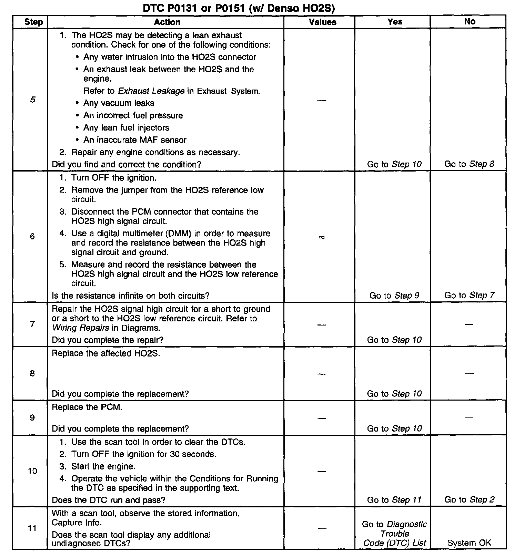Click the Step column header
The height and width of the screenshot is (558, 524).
click(x=33, y=22)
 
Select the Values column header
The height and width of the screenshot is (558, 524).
click(x=322, y=22)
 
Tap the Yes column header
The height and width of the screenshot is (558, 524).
click(x=395, y=22)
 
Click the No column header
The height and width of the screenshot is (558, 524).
click(x=470, y=21)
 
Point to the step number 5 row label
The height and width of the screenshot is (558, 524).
click(x=32, y=100)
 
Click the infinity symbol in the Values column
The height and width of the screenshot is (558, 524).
click(x=322, y=237)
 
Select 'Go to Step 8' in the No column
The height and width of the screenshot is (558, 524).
click(x=469, y=164)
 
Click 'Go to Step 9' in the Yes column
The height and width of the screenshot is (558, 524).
click(x=394, y=295)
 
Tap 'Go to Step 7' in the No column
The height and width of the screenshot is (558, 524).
click(x=469, y=295)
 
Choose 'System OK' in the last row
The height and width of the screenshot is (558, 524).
click(x=469, y=543)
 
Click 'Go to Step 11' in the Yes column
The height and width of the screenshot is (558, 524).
click(x=394, y=500)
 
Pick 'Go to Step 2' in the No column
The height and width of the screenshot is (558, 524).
click(x=469, y=500)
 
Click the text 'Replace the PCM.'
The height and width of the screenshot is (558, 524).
click(x=87, y=407)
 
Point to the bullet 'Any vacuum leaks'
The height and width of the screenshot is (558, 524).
click(x=119, y=103)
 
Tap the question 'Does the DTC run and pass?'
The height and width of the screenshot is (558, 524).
click(x=108, y=500)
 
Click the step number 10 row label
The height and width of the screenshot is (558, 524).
click(x=32, y=471)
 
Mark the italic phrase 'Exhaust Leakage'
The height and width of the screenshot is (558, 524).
click(x=151, y=91)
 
